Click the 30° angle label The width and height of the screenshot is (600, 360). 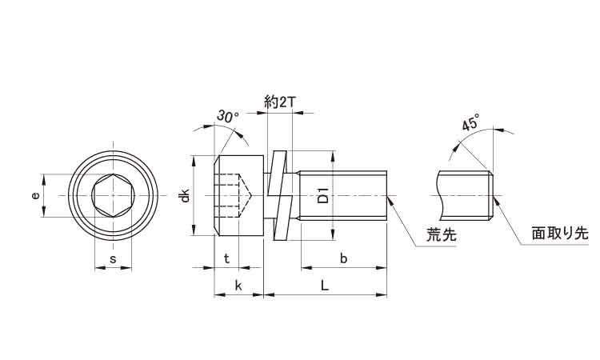pyautogui.click(x=227, y=117)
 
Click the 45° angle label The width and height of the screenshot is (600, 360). pyautogui.click(x=470, y=124)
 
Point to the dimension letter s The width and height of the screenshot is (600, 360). pyautogui.click(x=113, y=258)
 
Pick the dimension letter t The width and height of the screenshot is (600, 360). pyautogui.click(x=227, y=258)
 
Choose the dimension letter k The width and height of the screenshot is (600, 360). pyautogui.click(x=238, y=286)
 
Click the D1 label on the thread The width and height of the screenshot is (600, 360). pyautogui.click(x=323, y=195)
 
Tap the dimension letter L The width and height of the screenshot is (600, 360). pyautogui.click(x=324, y=286)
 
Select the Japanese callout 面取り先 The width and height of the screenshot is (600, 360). pyautogui.click(x=559, y=234)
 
